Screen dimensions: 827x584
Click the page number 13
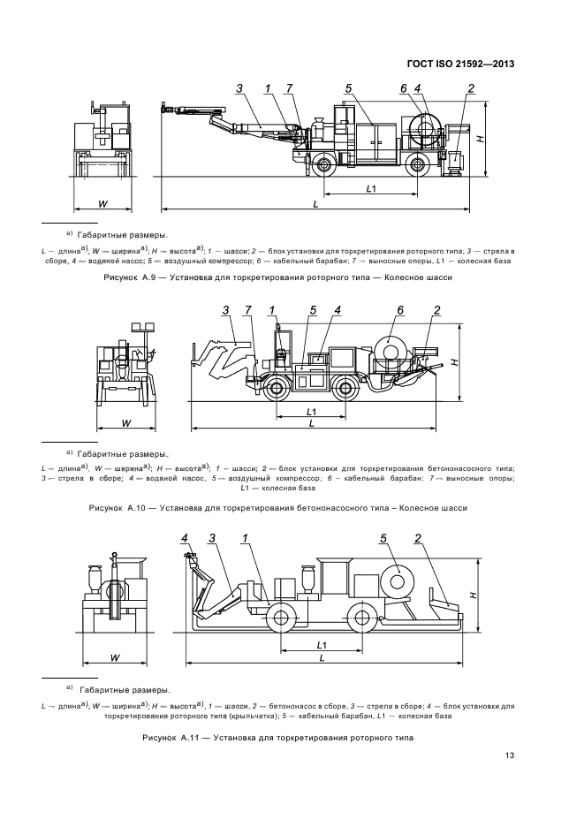click(509, 755)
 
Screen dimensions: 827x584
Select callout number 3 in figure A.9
click(239, 88)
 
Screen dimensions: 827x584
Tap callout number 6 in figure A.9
click(403, 88)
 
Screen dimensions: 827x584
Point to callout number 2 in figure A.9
click(471, 88)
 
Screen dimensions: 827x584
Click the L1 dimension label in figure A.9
click(372, 188)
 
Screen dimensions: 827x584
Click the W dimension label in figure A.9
click(102, 203)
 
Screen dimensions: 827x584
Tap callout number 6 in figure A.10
click(399, 310)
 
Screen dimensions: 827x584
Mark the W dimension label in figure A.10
click(126, 422)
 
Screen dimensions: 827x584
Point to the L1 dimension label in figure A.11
click(322, 645)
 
